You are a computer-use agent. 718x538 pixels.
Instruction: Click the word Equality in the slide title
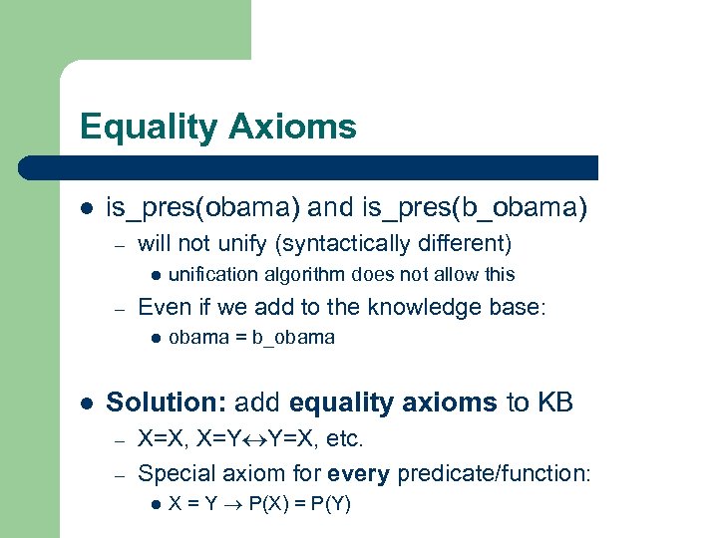coord(148,128)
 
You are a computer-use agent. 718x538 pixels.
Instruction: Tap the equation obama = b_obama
coord(251,338)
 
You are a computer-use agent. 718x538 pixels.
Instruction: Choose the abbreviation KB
coord(557,402)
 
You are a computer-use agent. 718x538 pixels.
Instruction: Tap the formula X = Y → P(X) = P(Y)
coord(259,504)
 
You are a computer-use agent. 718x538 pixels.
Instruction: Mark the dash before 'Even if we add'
coord(117,307)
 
